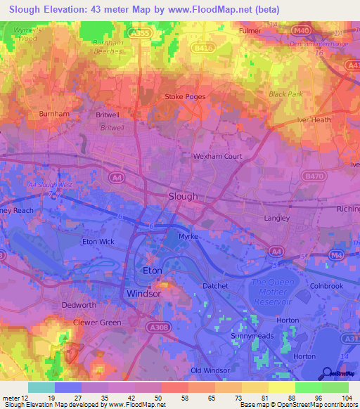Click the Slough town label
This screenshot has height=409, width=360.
(184, 197)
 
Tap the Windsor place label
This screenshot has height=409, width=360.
(143, 293)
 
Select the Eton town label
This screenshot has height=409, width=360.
(153, 271)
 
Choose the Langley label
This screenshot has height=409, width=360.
(276, 218)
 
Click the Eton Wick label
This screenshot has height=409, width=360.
(99, 242)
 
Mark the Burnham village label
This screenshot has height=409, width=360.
(54, 113)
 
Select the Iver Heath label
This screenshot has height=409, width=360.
(314, 120)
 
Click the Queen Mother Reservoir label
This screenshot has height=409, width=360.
(271, 292)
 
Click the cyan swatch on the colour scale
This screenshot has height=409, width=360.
(41, 387)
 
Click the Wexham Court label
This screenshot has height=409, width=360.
(217, 156)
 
